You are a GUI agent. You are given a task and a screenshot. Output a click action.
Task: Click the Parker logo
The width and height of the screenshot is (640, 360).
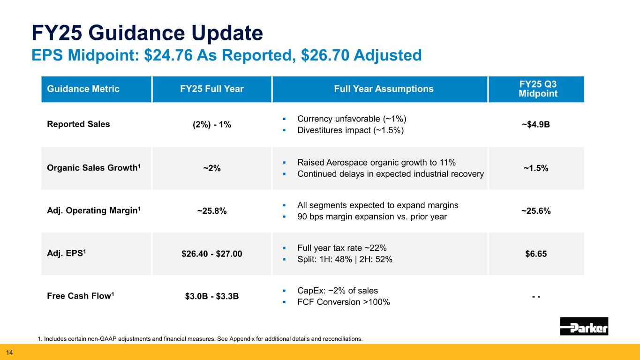[x=584, y=326]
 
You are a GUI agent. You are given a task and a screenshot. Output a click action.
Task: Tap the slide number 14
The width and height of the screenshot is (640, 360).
[x=9, y=352]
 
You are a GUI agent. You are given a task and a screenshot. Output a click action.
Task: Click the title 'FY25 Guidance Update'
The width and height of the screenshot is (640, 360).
[x=146, y=33]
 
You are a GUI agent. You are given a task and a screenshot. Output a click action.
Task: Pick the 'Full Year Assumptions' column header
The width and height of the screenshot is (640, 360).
[x=380, y=89]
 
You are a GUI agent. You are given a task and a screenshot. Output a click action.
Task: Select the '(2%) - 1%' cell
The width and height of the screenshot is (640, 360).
[x=212, y=125]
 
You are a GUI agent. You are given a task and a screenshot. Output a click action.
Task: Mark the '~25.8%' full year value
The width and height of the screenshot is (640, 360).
[x=212, y=211]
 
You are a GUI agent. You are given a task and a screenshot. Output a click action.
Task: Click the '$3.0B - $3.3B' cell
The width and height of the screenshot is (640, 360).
[x=212, y=296]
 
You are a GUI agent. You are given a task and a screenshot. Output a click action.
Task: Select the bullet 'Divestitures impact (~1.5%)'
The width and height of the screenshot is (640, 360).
[x=350, y=130]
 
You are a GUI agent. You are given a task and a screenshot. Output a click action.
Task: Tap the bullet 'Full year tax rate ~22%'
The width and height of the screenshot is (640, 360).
[x=342, y=248]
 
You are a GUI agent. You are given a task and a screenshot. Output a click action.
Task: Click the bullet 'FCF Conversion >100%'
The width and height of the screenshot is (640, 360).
[x=344, y=302]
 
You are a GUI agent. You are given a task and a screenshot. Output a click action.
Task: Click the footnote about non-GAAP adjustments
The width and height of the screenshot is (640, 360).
[x=200, y=338]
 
